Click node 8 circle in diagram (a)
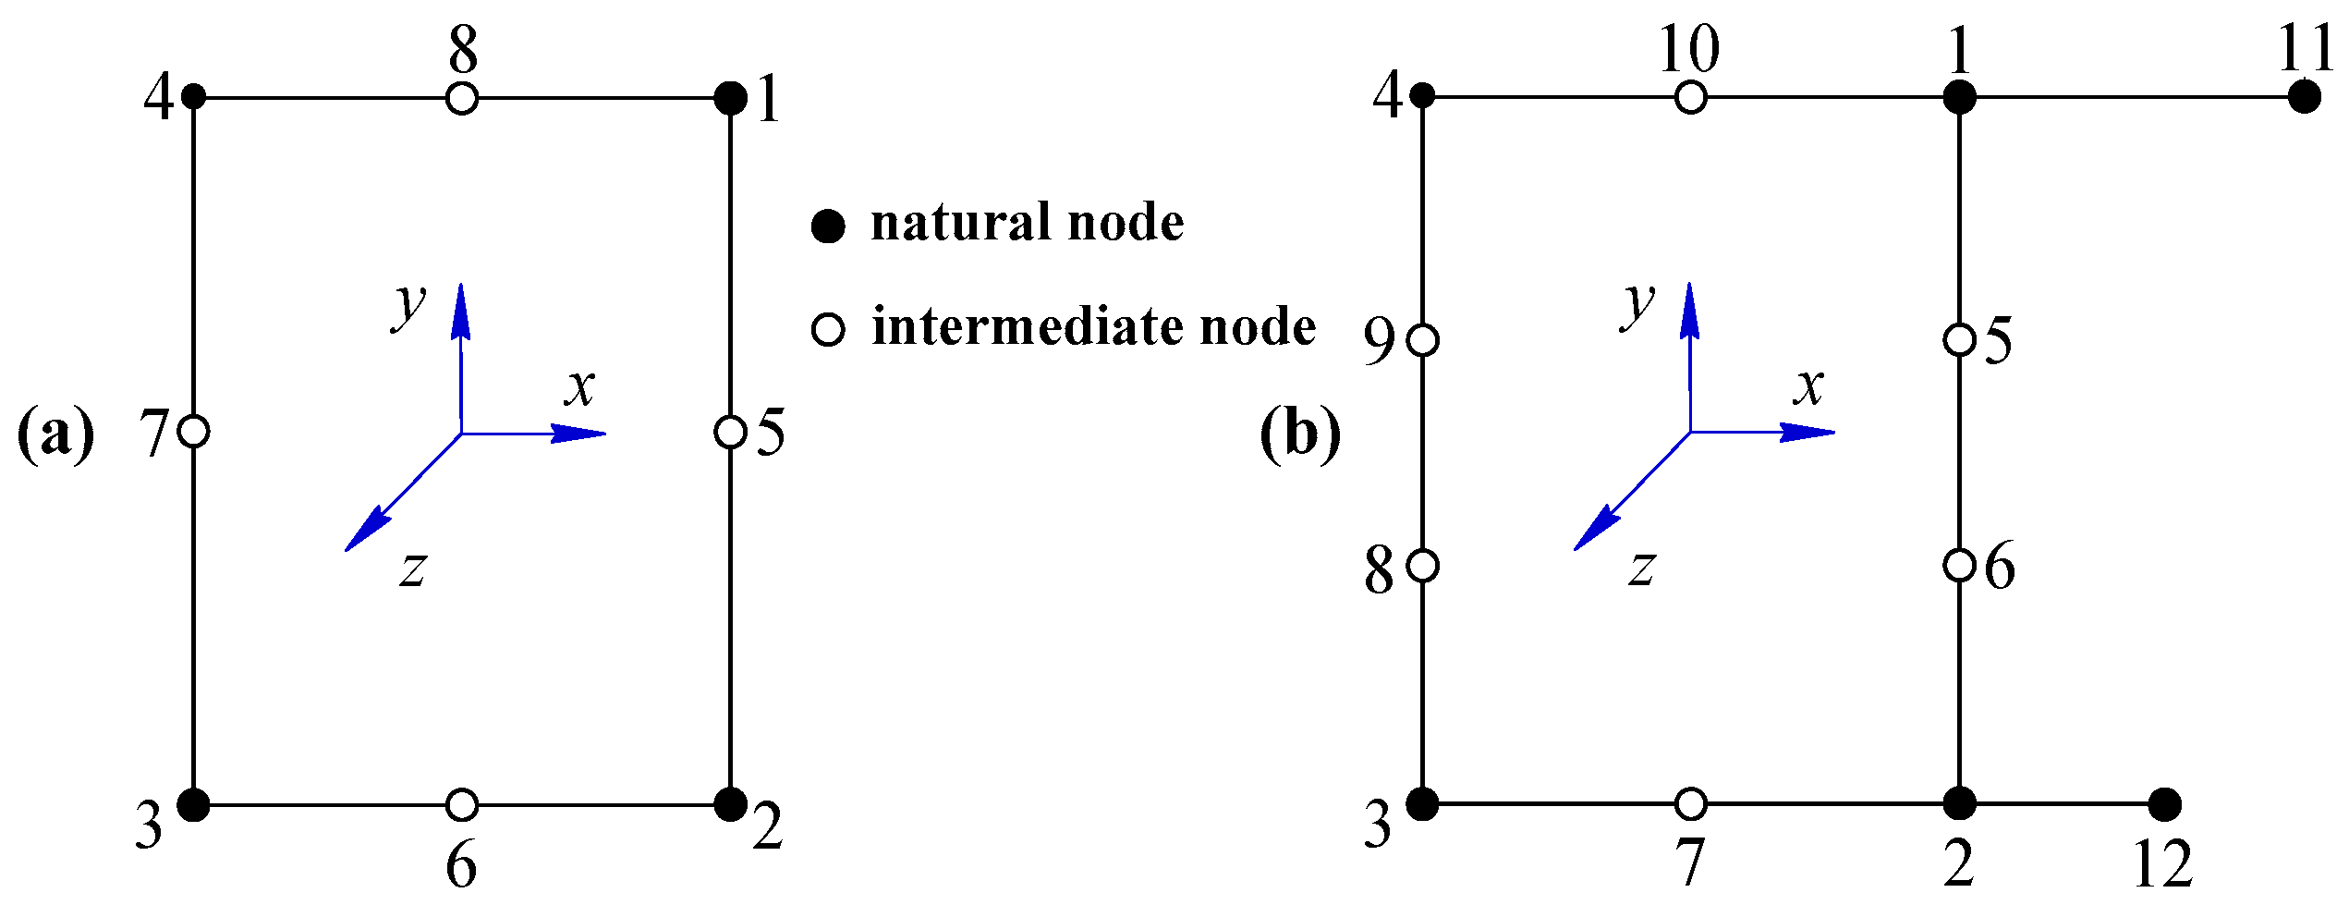click(462, 97)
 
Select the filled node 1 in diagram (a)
click(731, 97)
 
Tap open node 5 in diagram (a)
click(731, 432)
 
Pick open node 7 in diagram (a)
click(193, 432)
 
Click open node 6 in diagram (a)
click(462, 804)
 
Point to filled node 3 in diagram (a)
click(193, 804)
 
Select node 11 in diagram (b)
click(2305, 97)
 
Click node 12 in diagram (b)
click(2164, 804)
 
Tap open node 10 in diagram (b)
click(1690, 97)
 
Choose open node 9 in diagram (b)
click(1423, 340)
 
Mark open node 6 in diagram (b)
click(1959, 565)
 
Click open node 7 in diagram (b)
click(1690, 804)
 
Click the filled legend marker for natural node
click(828, 226)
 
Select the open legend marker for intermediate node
click(828, 329)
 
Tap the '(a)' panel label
click(55, 433)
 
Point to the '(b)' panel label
click(1300, 433)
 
